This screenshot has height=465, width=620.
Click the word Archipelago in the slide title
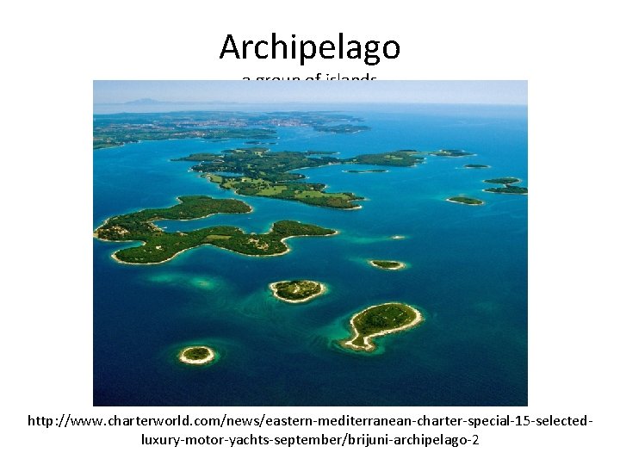(310, 46)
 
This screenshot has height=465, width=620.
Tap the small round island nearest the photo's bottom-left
(197, 353)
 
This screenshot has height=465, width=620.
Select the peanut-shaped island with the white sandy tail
(382, 325)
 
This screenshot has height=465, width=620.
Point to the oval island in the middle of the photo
(298, 290)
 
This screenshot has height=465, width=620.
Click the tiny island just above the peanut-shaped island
(387, 264)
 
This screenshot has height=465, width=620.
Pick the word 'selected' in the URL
(563, 422)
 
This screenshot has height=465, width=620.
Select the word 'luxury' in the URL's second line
(160, 440)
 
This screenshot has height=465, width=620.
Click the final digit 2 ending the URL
(475, 440)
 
